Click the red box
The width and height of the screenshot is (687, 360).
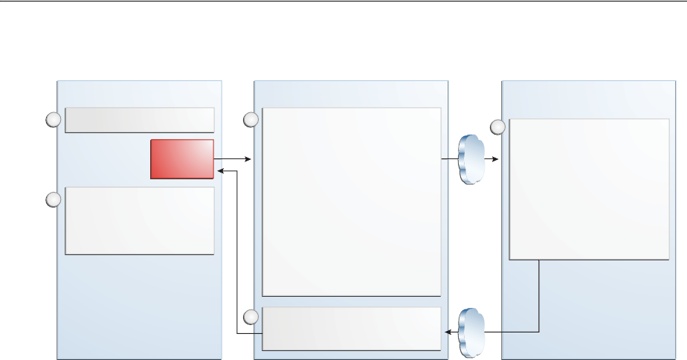coord(182,158)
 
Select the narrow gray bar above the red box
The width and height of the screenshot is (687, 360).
coord(140,120)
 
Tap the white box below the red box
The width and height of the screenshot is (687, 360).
coord(140,221)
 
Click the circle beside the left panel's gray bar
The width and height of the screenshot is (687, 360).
coord(53,120)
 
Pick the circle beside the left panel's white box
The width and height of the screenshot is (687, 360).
coord(53,199)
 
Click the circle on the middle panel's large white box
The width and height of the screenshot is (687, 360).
coord(251,119)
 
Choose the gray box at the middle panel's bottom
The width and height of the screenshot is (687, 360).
coord(352,328)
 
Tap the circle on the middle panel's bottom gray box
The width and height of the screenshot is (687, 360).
coord(251,317)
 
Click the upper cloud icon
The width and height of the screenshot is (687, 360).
coord(471,159)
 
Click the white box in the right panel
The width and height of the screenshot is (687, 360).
coord(588,189)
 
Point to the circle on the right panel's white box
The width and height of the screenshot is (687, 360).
coord(497,127)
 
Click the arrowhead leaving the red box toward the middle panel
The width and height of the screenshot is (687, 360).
coord(250,159)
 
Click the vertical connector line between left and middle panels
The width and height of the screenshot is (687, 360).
coord(236,253)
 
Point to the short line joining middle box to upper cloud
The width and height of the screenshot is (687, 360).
coord(450,159)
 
